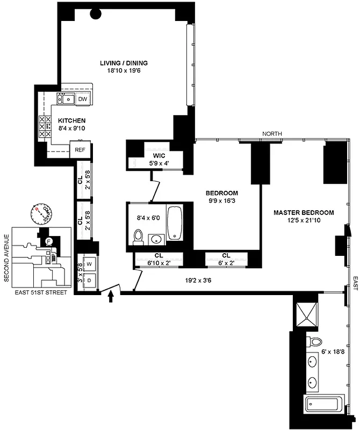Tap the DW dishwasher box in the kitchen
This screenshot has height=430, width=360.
tap(82, 99)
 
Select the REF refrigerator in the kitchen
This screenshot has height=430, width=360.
tap(80, 150)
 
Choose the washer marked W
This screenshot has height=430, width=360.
tap(89, 264)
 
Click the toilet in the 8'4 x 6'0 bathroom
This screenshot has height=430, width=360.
tap(138, 236)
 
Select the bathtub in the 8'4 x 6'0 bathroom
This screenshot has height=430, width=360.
tap(176, 223)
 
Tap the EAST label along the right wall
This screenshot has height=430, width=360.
tap(355, 284)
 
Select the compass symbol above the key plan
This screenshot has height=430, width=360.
tap(39, 214)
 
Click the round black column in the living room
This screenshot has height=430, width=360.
tap(97, 14)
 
